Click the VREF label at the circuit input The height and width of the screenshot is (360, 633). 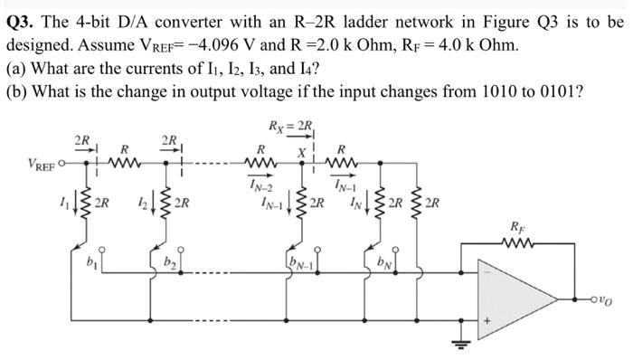click(x=21, y=166)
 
